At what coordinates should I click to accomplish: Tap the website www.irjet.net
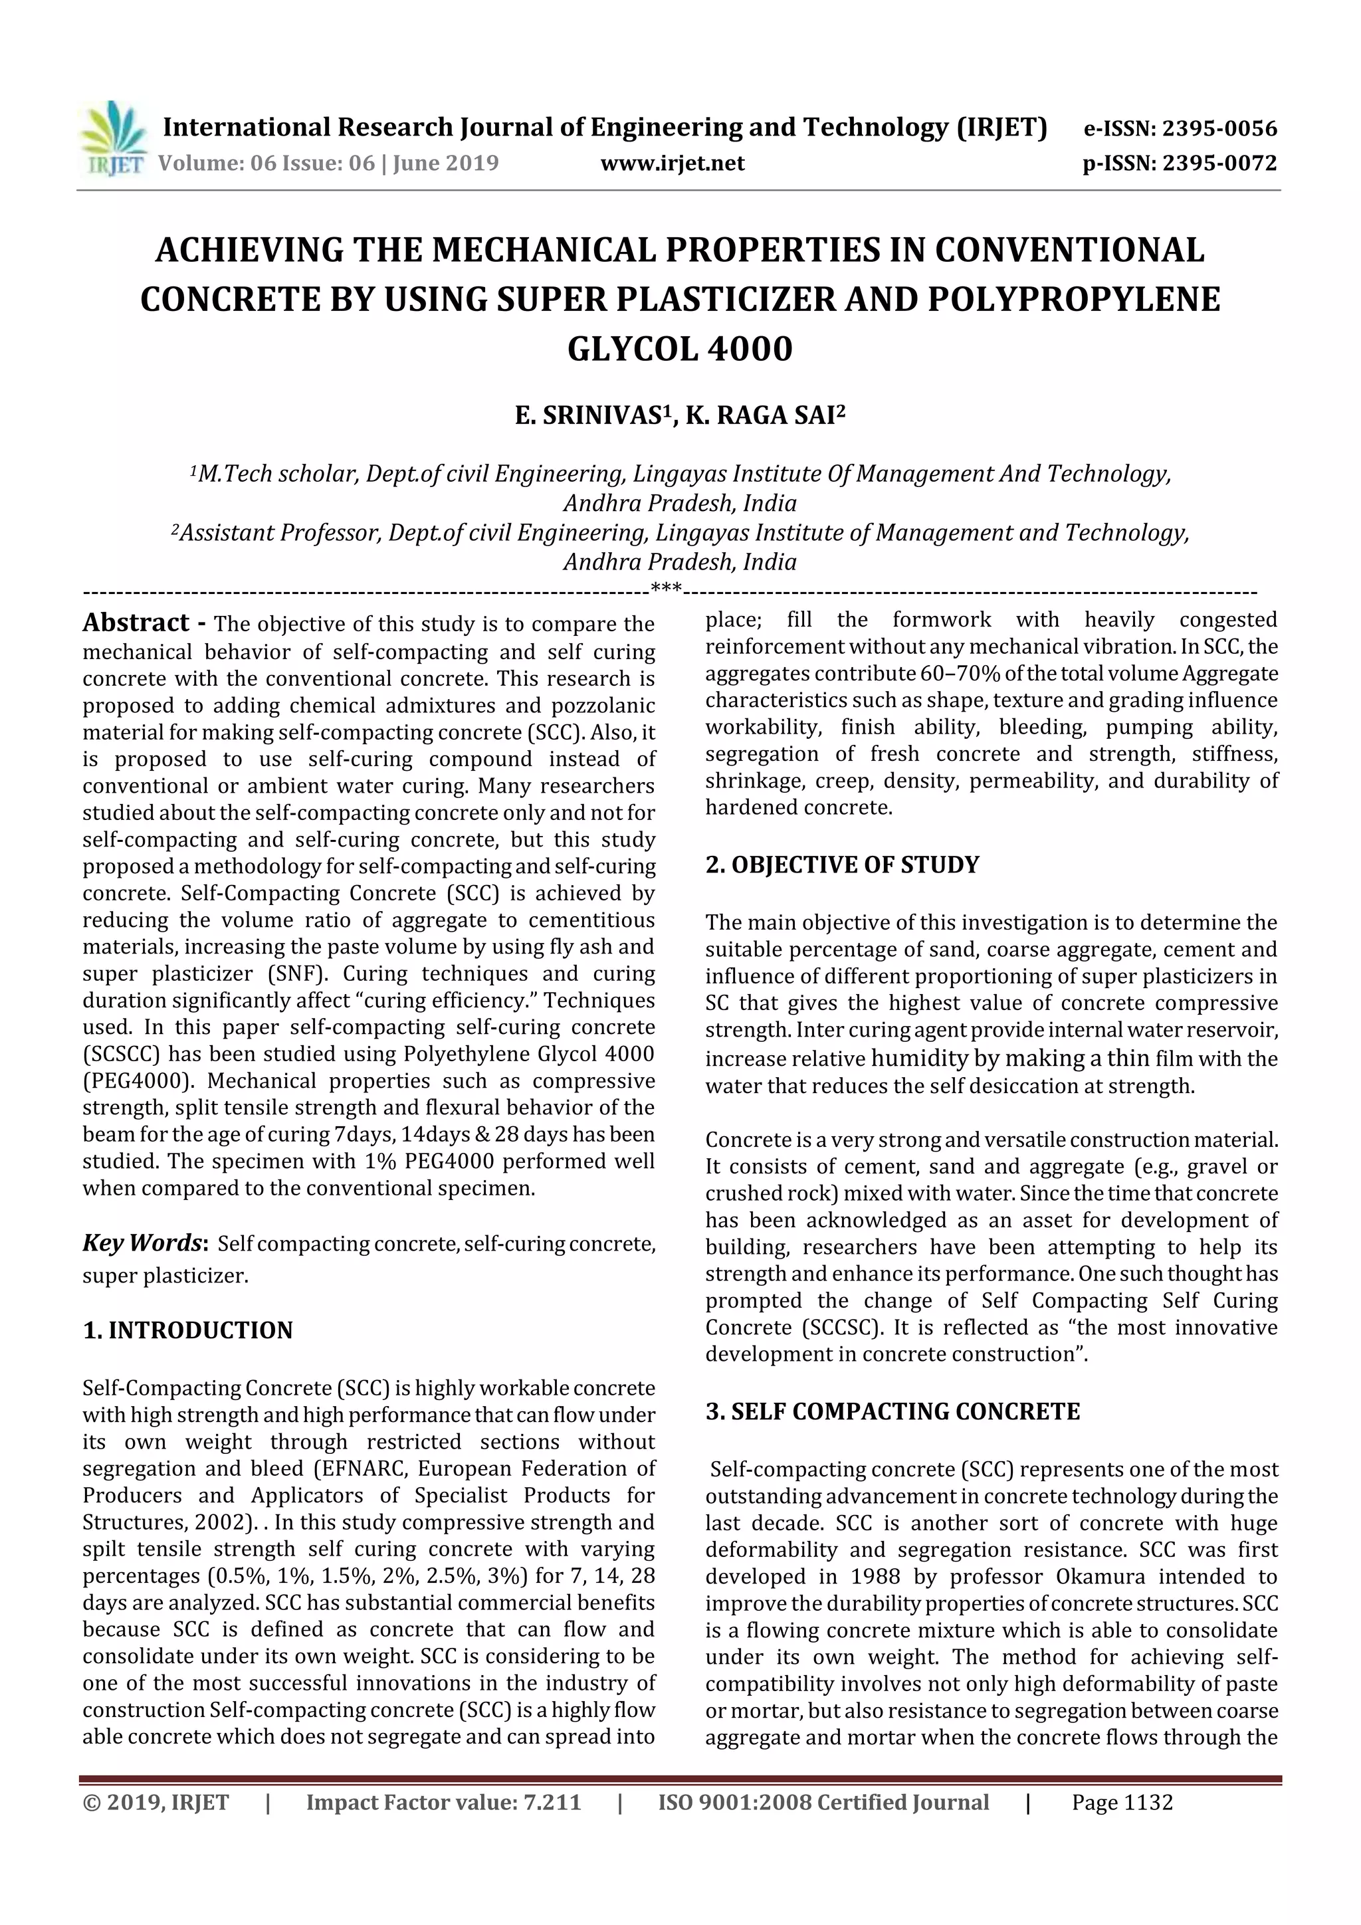click(673, 163)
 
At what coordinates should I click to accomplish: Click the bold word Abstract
click(136, 623)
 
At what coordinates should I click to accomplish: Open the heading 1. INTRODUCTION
click(188, 1330)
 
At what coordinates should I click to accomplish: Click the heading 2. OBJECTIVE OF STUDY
click(842, 864)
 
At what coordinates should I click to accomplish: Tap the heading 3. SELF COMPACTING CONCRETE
click(892, 1412)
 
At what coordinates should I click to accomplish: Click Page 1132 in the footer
click(1122, 1803)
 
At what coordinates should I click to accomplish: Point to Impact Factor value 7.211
click(444, 1803)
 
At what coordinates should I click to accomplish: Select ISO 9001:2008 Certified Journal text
click(823, 1803)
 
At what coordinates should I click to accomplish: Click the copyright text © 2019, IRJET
click(156, 1803)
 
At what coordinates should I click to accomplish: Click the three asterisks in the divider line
click(667, 589)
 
